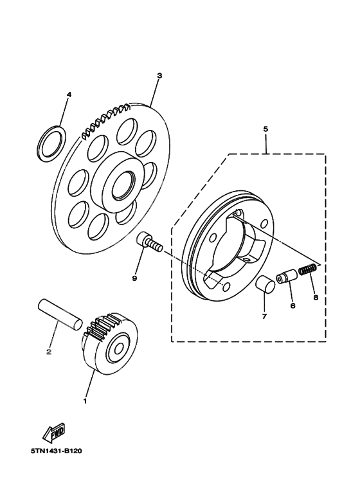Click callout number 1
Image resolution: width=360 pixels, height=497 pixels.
(84, 401)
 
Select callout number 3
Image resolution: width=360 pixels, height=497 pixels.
(159, 75)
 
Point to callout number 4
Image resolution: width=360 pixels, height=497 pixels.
(69, 95)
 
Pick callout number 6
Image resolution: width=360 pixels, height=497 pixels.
(292, 306)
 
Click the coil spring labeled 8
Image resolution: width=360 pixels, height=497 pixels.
(309, 271)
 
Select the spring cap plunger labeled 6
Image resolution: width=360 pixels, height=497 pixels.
(285, 278)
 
